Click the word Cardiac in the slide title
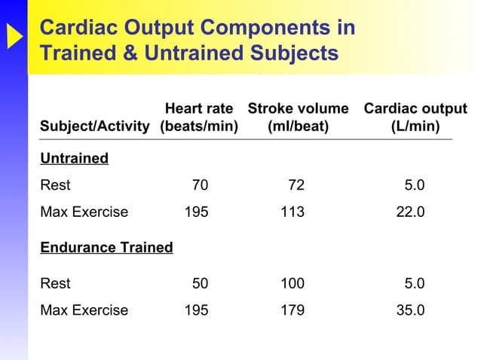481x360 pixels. pos(75,28)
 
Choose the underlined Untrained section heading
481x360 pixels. pos(73,159)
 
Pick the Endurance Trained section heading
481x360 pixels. pos(106,247)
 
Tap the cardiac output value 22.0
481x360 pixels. pos(411,212)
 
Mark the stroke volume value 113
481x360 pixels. pos(293,212)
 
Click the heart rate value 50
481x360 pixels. pos(200,284)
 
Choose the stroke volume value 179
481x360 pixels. pos(293,310)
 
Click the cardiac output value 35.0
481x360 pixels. pos(411,310)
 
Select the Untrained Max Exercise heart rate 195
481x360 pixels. pos(197,212)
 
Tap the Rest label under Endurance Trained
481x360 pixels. pos(55,284)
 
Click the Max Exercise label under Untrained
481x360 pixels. pos(83,212)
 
